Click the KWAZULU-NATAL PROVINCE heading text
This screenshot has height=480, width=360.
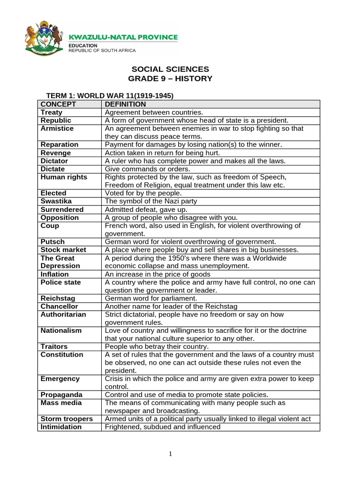tap(123, 37)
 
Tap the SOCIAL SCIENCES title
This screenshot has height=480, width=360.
tap(170, 69)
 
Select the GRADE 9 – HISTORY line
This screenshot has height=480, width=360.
tap(170, 78)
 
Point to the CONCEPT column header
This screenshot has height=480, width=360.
tap(58, 104)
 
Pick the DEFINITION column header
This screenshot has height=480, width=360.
tap(125, 104)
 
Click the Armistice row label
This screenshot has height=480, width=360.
tap(57, 128)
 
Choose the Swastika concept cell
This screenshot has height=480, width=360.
tap(56, 201)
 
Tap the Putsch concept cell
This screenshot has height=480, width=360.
tap(52, 242)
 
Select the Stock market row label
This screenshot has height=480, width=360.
tap(60, 250)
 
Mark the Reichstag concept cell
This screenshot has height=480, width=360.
tap(58, 299)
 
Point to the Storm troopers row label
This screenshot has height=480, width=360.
tap(67, 419)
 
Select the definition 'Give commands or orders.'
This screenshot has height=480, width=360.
tap(147, 169)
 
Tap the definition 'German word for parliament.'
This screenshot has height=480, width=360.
tap(151, 299)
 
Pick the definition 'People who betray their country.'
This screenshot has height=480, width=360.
tap(157, 346)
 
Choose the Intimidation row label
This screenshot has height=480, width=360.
tap(61, 427)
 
